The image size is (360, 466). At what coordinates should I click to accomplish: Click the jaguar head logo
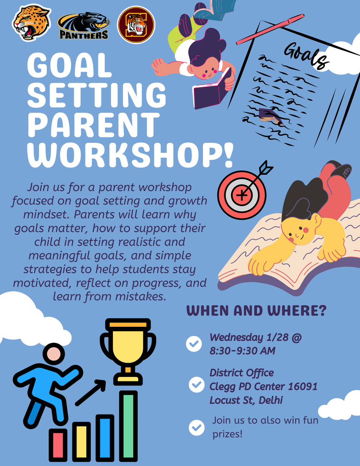point(31,22)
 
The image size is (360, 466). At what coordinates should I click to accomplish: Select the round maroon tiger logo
point(136,25)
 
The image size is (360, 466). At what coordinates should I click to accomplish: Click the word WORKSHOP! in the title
point(130,155)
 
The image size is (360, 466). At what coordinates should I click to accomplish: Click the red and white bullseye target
point(241,195)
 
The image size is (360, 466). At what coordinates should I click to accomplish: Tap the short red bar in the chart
point(58,445)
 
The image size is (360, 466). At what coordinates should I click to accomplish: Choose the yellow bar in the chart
point(81,441)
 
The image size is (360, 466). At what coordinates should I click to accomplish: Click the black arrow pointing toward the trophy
point(90,392)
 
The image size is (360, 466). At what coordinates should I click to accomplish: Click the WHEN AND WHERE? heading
point(257,311)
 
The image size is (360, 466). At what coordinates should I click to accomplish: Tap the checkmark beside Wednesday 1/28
point(194,344)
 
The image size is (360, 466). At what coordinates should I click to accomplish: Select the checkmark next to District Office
point(197,385)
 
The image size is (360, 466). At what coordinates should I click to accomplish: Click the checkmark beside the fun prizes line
point(197,427)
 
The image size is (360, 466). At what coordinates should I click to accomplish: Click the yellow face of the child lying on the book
point(298,231)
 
